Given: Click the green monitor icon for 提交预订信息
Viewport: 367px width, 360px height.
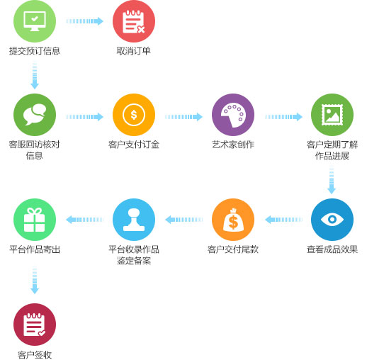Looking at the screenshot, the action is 35,21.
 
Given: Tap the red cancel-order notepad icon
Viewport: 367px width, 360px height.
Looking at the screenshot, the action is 134,21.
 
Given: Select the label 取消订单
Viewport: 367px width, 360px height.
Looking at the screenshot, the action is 134,51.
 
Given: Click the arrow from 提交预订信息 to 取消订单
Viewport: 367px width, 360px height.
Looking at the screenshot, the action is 84,21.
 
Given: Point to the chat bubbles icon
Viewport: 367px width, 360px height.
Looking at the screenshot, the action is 35,115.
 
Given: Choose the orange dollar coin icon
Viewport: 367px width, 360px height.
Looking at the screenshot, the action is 134,115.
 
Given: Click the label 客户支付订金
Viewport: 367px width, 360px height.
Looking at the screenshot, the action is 134,145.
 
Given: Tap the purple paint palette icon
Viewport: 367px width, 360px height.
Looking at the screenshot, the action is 233,115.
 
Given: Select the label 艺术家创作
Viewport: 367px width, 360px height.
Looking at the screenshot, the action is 233,145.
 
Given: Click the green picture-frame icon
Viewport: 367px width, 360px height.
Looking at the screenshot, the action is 332,115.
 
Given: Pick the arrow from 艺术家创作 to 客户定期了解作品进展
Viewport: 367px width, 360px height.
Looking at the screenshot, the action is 283,117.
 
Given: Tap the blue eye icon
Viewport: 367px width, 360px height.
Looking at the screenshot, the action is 332,220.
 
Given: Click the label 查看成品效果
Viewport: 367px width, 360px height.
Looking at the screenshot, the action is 332,249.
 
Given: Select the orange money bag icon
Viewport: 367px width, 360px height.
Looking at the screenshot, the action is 233,220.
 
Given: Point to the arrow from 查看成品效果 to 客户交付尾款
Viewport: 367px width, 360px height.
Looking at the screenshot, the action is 283,220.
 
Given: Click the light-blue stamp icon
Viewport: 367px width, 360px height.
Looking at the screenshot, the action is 134,220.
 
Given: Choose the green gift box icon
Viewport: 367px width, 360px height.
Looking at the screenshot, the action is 35,220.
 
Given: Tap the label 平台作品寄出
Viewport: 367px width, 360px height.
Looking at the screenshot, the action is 35,249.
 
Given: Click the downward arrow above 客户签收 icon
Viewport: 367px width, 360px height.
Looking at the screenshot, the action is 35,281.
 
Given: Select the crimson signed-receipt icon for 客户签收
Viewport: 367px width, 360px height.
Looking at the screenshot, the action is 35,325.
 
